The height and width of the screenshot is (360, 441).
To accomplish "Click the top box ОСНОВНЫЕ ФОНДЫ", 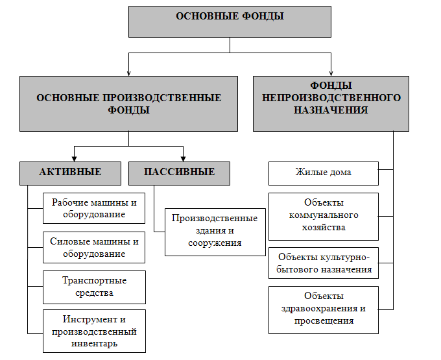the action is click(x=230, y=21).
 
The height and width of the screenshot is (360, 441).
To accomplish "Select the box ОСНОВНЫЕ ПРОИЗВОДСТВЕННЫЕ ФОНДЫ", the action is click(x=128, y=104).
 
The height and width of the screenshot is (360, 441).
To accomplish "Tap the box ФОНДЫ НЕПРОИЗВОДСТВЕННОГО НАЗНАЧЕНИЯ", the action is click(x=331, y=104).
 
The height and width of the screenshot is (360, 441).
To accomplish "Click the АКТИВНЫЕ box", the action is click(x=70, y=173).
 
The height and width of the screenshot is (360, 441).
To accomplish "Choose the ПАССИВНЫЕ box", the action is click(x=179, y=173).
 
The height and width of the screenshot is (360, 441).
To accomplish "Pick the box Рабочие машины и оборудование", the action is click(x=94, y=208).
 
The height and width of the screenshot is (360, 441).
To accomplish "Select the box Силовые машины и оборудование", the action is click(x=94, y=247).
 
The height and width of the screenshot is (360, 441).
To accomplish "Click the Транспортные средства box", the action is click(x=94, y=287).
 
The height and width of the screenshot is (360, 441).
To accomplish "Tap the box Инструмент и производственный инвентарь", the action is click(x=94, y=331).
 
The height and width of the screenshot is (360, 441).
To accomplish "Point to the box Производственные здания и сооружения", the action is click(x=215, y=232).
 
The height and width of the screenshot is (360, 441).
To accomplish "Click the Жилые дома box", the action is click(x=324, y=173).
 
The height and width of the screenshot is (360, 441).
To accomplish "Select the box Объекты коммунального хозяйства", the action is click(x=324, y=216).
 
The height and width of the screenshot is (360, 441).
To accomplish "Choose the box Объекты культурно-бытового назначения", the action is click(x=324, y=263).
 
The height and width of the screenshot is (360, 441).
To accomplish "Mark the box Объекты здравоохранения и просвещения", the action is click(x=324, y=310).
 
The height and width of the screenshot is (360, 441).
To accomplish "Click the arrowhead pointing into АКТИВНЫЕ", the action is click(x=74, y=158).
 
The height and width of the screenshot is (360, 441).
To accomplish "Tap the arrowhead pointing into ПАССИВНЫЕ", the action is click(x=183, y=158).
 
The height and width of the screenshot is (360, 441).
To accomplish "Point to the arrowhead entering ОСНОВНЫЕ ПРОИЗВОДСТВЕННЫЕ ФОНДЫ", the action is click(x=128, y=73).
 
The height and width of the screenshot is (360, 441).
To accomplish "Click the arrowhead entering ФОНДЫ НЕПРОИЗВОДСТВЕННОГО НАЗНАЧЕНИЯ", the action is click(x=331, y=73).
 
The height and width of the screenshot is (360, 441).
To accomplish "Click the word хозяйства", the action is click(x=324, y=227).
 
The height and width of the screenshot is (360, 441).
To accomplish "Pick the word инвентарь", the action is click(x=94, y=343).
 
